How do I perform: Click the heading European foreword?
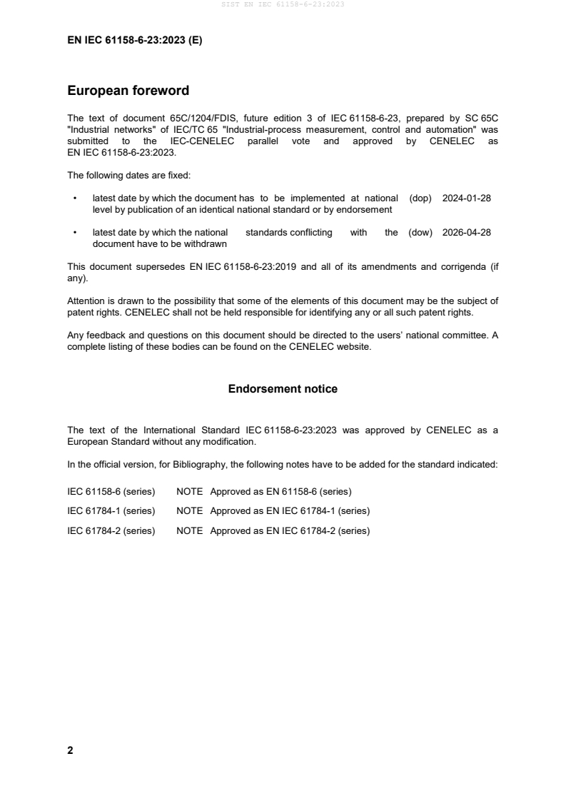[x=128, y=91]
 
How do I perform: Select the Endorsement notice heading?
[x=283, y=389]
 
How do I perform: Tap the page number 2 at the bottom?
[x=70, y=750]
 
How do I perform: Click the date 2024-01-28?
[x=466, y=198]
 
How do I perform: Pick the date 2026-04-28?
[x=466, y=232]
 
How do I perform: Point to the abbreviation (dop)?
[x=420, y=198]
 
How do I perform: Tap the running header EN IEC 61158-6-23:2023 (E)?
[x=134, y=41]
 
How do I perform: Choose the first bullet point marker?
[x=74, y=198]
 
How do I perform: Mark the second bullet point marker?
[x=74, y=232]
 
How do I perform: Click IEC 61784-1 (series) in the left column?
[x=111, y=511]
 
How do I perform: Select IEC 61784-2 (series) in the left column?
[x=111, y=530]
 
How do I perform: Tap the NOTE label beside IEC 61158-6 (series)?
[x=189, y=491]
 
